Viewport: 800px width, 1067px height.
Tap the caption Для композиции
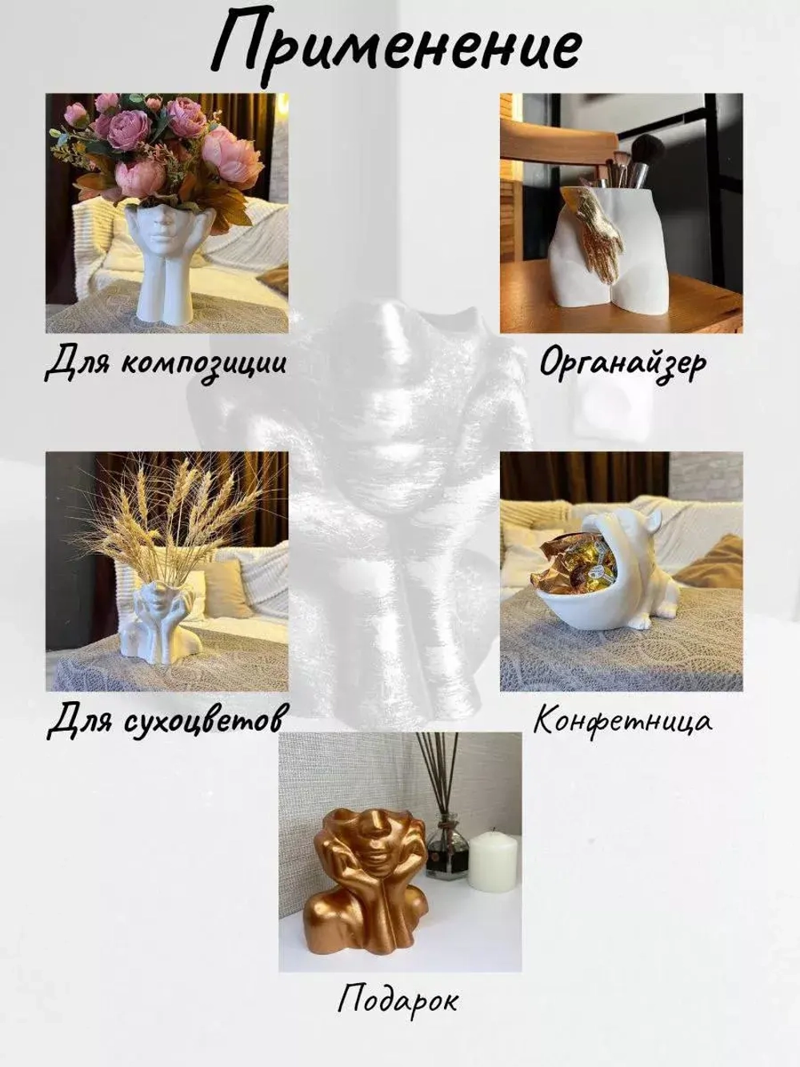pyautogui.click(x=166, y=363)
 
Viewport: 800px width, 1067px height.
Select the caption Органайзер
pyautogui.click(x=622, y=363)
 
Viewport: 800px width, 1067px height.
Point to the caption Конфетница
pyautogui.click(x=622, y=720)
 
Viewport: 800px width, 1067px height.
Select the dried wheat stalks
pyautogui.click(x=172, y=520)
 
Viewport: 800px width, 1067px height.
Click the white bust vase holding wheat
pyautogui.click(x=160, y=624)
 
